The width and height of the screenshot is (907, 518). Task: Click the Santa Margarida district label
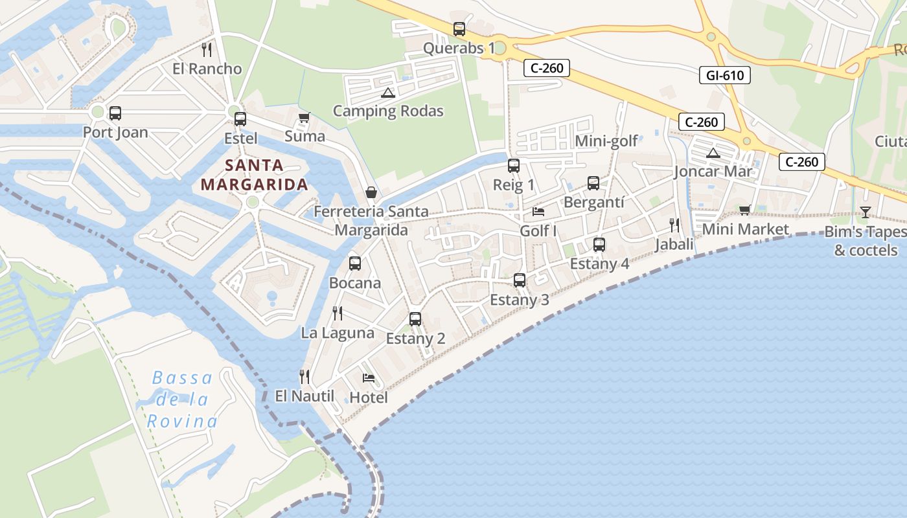click(254, 175)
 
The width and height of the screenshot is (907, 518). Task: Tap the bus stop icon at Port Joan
click(115, 113)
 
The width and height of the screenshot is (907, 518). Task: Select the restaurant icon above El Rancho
click(207, 49)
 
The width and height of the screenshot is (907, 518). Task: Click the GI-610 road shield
click(725, 75)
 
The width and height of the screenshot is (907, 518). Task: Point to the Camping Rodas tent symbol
click(388, 93)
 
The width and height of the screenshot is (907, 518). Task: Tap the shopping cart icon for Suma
click(304, 118)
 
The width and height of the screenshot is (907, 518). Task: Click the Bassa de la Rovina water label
click(181, 400)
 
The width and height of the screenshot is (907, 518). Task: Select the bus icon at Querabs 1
click(459, 29)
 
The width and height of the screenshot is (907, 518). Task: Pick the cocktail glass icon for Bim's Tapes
click(865, 212)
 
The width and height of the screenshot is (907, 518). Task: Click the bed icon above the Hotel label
click(369, 378)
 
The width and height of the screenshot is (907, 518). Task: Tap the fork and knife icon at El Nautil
click(304, 376)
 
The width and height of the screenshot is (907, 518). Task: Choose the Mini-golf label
click(606, 141)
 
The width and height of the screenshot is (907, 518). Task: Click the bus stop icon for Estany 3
click(520, 280)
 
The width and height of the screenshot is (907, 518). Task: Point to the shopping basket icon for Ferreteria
click(371, 192)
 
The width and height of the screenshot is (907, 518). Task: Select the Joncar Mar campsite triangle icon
click(713, 153)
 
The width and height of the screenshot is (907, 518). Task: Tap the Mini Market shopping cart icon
click(744, 210)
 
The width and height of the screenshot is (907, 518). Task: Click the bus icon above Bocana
click(355, 264)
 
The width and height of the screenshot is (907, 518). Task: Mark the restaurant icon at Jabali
click(674, 225)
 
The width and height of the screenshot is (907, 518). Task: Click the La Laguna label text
click(338, 333)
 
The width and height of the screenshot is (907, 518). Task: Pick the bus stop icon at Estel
click(240, 119)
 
